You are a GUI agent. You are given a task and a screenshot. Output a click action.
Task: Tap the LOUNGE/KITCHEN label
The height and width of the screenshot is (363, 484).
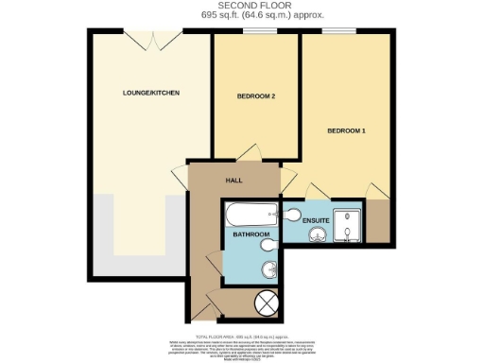coord(151,93)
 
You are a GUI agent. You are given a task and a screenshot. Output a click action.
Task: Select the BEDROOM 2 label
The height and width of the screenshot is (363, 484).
coord(255,97)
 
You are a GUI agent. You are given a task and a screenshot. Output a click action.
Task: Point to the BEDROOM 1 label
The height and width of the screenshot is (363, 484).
coord(347,130)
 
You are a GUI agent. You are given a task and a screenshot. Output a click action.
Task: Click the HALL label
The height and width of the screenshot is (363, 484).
coord(235,180)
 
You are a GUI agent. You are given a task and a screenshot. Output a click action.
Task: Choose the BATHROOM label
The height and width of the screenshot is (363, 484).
coord(251,233)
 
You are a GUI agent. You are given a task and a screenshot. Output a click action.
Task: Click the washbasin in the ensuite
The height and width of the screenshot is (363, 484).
coord(319,233)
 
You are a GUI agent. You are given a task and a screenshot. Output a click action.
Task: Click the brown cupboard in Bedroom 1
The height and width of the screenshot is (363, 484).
coord(379,222)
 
